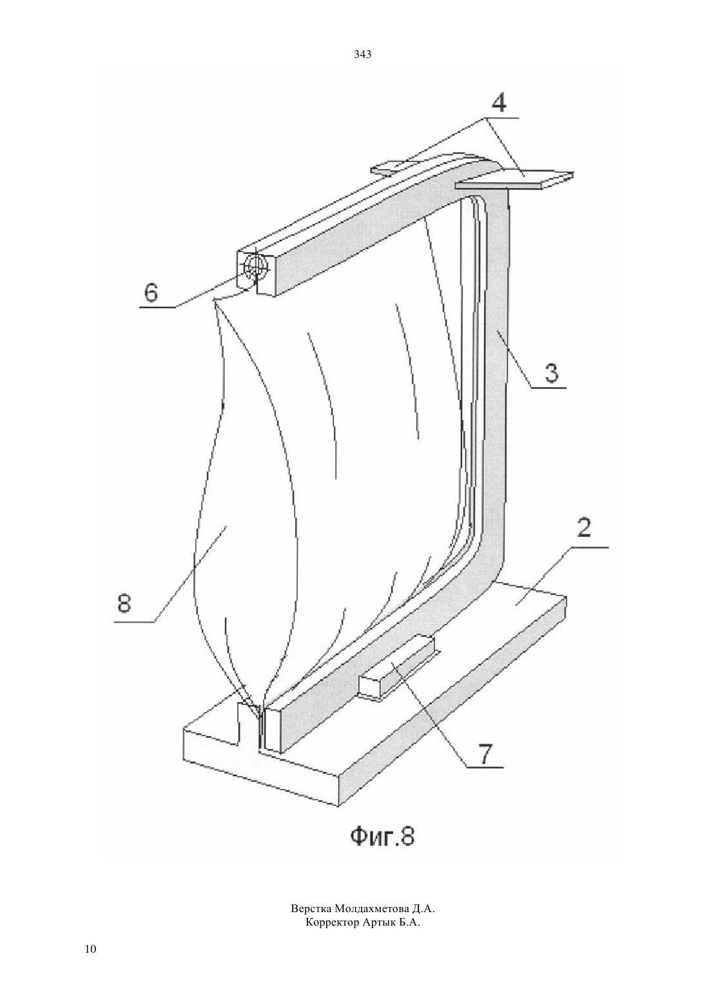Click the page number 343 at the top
pyautogui.click(x=362, y=55)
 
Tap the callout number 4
pyautogui.click(x=499, y=103)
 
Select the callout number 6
pyautogui.click(x=151, y=293)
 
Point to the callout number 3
pyautogui.click(x=551, y=373)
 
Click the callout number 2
pyautogui.click(x=584, y=529)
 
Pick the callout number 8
pyautogui.click(x=124, y=603)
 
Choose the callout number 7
pyautogui.click(x=485, y=754)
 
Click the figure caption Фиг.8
pyautogui.click(x=382, y=836)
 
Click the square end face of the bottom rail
pyautogui.click(x=273, y=729)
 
